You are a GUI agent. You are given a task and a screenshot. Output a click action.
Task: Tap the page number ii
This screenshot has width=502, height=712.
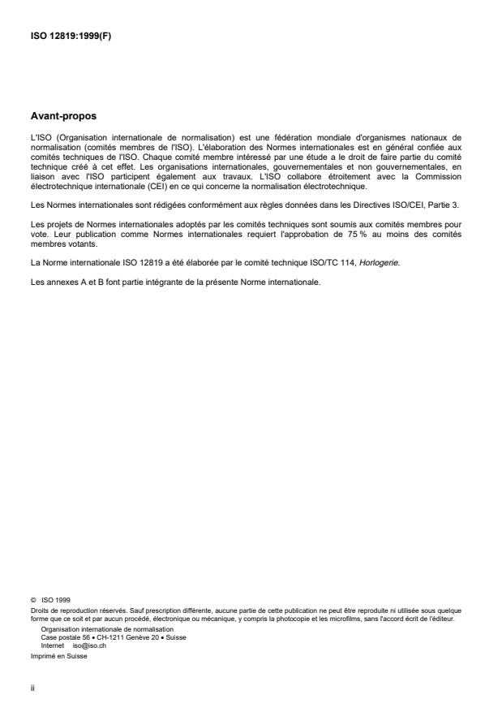click(x=32, y=685)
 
